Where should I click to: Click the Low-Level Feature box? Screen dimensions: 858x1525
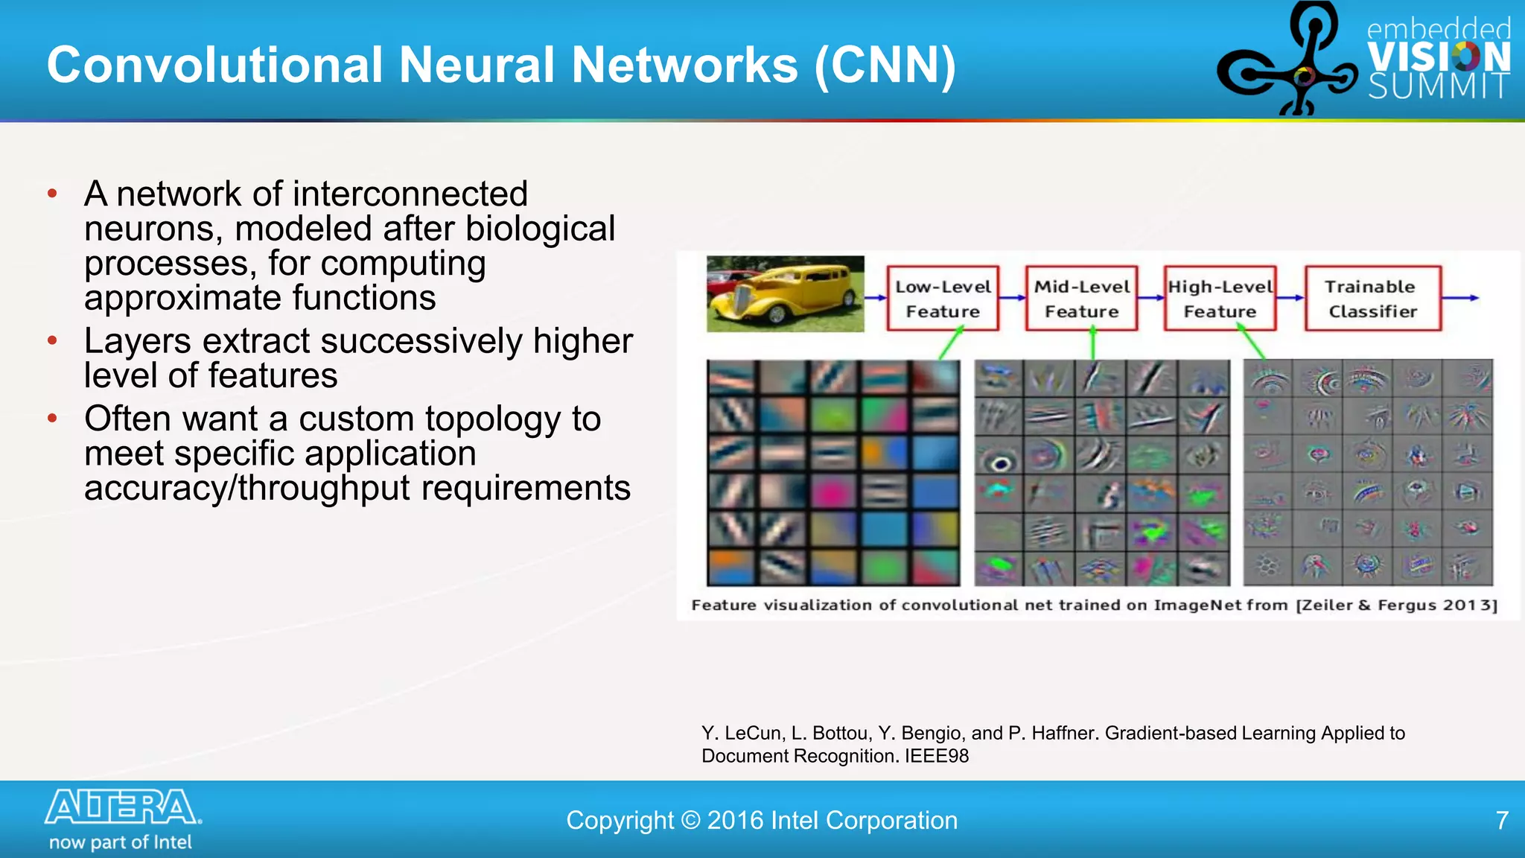click(942, 298)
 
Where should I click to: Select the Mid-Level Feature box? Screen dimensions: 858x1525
click(1081, 298)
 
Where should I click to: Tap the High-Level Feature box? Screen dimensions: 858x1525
click(1220, 298)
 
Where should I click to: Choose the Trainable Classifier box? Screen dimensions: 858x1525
click(1372, 298)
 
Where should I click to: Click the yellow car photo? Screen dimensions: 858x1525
click(785, 293)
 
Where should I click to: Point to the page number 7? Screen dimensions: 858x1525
click(1502, 820)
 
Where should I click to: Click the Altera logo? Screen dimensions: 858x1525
click(123, 807)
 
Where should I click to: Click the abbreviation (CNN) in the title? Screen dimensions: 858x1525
click(885, 66)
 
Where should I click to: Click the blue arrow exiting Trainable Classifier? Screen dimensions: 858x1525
click(1461, 298)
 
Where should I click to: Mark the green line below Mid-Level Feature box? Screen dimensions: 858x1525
click(1092, 345)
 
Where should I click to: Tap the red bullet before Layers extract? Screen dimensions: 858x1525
click(52, 341)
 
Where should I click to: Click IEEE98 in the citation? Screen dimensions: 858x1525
click(937, 756)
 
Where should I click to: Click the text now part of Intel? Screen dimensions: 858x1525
click(121, 842)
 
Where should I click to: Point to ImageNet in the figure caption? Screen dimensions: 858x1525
click(1198, 605)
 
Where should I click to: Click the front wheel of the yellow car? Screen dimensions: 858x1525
click(776, 314)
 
